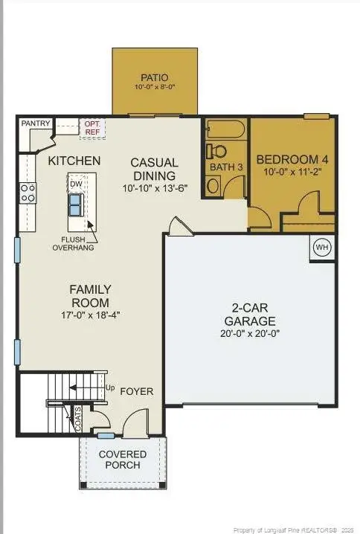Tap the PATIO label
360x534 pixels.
click(x=154, y=77)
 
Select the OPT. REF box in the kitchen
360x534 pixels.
click(x=93, y=126)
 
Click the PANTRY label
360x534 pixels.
click(x=35, y=123)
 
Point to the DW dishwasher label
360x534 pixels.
click(x=75, y=183)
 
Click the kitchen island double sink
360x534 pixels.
click(x=76, y=203)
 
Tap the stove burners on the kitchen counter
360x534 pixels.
click(x=28, y=194)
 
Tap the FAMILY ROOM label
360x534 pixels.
click(x=90, y=296)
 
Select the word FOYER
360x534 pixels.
click(x=137, y=391)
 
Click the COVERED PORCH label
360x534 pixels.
click(x=123, y=459)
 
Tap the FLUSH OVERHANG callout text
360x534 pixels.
click(x=72, y=244)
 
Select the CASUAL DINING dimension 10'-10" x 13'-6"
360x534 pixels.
click(x=154, y=189)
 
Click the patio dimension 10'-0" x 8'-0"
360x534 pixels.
click(x=154, y=88)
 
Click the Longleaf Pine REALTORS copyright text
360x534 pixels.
click(x=295, y=530)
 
